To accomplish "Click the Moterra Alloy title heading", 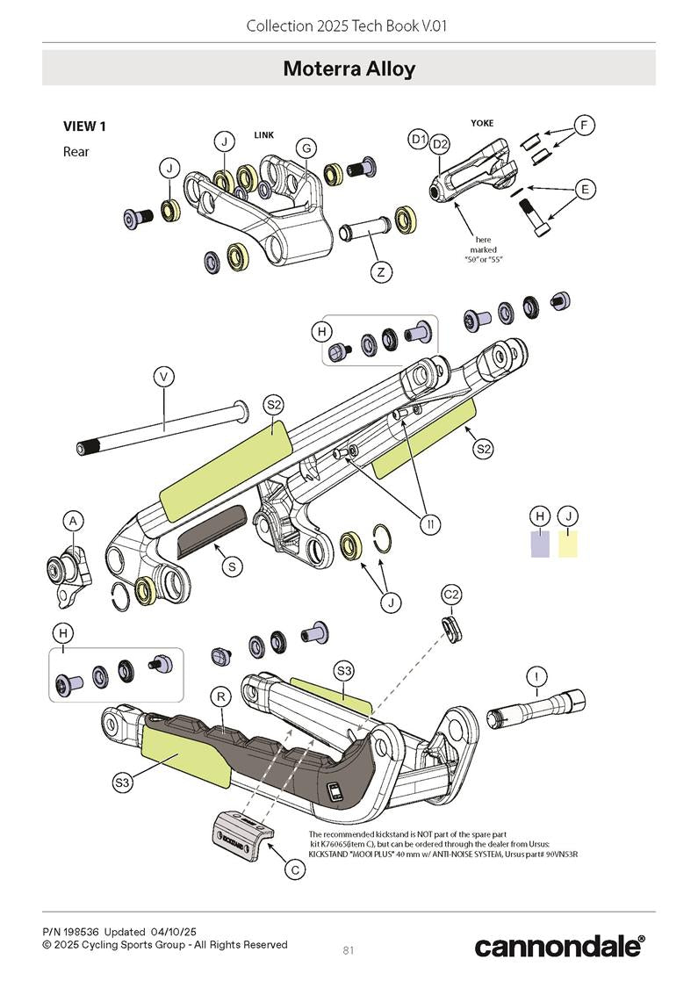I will [349, 69].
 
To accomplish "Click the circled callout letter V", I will [163, 377].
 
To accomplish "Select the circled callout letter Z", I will [380, 272].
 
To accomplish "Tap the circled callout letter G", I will [306, 148].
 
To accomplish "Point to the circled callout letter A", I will [74, 522].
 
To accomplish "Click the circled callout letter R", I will [222, 696].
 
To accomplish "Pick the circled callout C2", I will [451, 595].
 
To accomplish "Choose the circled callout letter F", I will [584, 126].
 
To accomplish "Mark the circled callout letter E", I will [584, 189].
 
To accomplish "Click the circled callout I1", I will [429, 524].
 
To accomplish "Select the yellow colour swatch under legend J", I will [569, 544].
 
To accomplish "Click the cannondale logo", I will [559, 946].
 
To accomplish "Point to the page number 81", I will [349, 949].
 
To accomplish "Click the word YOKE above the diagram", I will [482, 123].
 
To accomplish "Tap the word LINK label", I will [264, 135].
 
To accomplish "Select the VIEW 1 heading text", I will [84, 126].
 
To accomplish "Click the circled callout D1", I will [419, 140].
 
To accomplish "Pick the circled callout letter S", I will [231, 567].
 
